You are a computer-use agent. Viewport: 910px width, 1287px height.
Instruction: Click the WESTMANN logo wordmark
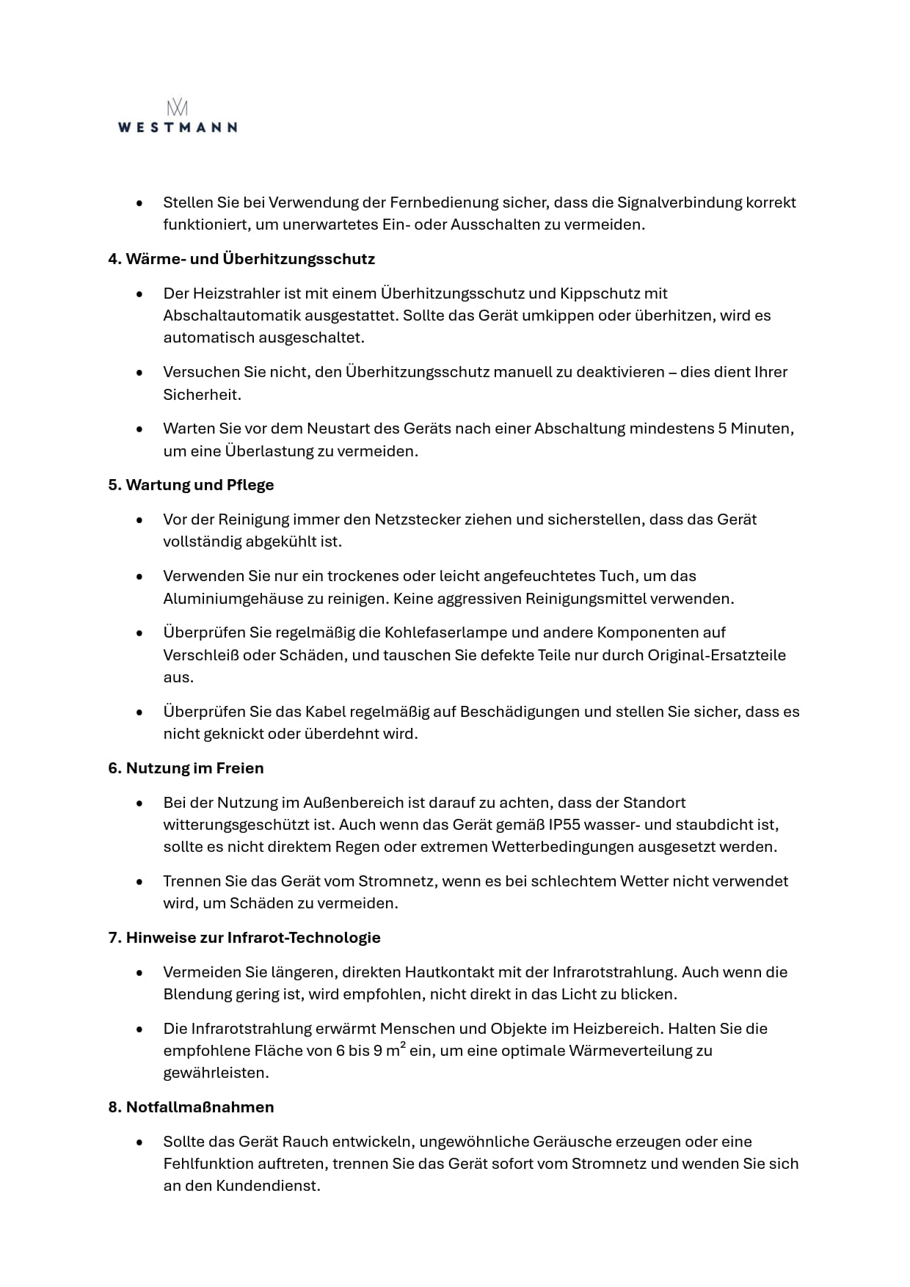click(x=177, y=127)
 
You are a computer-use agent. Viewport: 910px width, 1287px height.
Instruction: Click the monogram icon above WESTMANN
click(x=177, y=108)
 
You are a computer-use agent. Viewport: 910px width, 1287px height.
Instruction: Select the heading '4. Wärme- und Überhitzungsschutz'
click(x=241, y=259)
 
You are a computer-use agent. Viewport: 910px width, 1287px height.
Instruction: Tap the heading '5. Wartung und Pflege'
click(x=191, y=485)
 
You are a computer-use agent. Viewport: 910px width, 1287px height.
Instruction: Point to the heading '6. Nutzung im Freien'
click(x=186, y=768)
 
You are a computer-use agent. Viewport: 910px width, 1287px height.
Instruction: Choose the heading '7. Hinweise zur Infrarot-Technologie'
click(x=244, y=938)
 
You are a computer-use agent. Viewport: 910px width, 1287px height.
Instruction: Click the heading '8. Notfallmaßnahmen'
click(x=191, y=1107)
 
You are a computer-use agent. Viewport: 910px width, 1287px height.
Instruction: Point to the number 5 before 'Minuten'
click(x=722, y=429)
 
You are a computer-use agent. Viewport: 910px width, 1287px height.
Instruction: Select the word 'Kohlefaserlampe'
click(x=441, y=632)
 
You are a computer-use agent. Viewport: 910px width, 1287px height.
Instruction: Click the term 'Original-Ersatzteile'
click(x=716, y=655)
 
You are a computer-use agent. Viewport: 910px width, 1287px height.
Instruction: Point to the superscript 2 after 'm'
click(x=403, y=1045)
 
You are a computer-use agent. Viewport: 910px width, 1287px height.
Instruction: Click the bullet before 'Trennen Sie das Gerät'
click(x=139, y=881)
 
